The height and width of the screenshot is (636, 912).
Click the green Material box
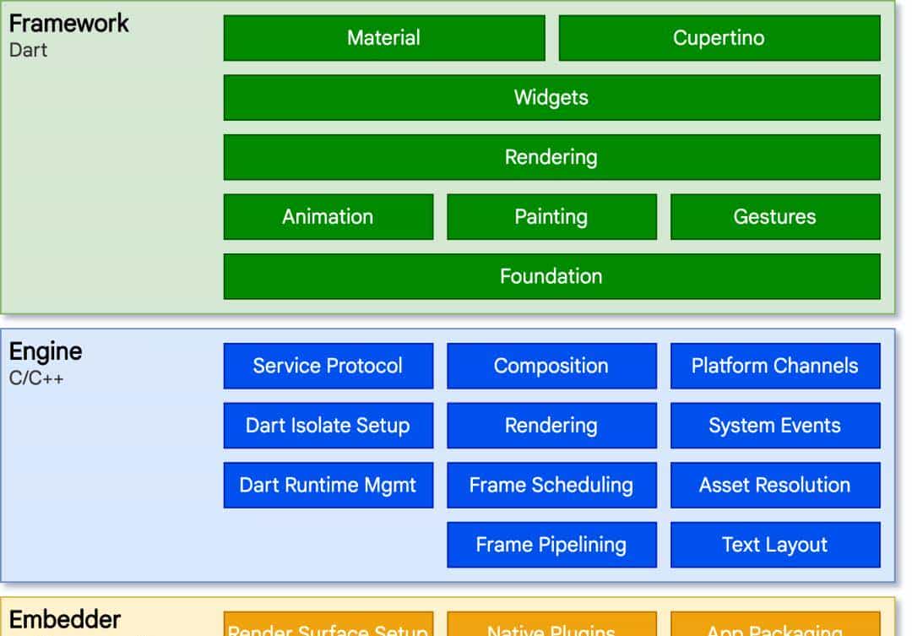point(383,38)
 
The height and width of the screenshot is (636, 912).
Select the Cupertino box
point(719,38)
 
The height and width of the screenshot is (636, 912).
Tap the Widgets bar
point(551,97)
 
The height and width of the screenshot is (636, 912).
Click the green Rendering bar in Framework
point(551,157)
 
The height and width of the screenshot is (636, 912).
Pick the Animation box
point(328,217)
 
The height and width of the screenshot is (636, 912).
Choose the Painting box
point(551,217)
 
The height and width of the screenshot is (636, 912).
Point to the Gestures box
point(774,217)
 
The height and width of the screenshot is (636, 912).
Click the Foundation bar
point(551,276)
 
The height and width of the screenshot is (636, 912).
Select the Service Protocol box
point(328,366)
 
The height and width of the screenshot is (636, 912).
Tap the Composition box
point(551,366)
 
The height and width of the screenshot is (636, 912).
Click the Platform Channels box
point(774,366)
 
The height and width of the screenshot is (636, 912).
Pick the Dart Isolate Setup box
point(328,426)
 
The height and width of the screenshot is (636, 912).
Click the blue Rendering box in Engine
point(551,426)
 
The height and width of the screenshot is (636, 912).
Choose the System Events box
point(774,426)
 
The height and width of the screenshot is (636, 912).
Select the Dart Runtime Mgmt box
point(328,486)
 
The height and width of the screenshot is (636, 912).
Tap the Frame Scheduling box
point(551,486)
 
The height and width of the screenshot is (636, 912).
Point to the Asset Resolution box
point(774,486)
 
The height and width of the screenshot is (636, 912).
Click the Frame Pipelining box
point(551,545)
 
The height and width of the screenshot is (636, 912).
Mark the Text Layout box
point(774,545)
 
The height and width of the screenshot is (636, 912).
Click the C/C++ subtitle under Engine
point(36,378)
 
